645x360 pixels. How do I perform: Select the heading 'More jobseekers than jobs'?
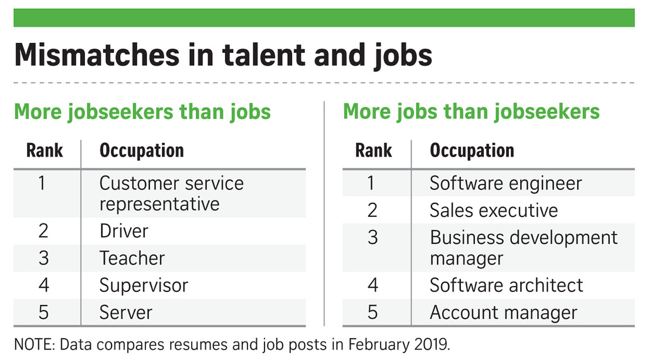point(142,112)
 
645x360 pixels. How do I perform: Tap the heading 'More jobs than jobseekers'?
point(471,112)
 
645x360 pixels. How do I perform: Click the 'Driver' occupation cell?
point(124,231)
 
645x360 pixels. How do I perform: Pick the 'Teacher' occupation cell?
point(132,259)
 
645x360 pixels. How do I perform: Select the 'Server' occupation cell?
point(126,313)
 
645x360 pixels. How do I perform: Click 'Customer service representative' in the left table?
point(172,193)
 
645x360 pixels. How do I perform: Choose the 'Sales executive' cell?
point(494,210)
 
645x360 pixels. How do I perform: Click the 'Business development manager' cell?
point(524,248)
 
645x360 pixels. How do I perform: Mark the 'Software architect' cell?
point(507,285)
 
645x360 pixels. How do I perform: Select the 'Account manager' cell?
point(504,313)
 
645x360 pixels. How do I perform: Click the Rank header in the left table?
point(45,151)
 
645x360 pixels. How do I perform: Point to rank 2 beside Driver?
point(43,231)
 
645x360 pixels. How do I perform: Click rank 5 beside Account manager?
point(373,313)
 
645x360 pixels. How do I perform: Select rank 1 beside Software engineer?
point(371,184)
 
